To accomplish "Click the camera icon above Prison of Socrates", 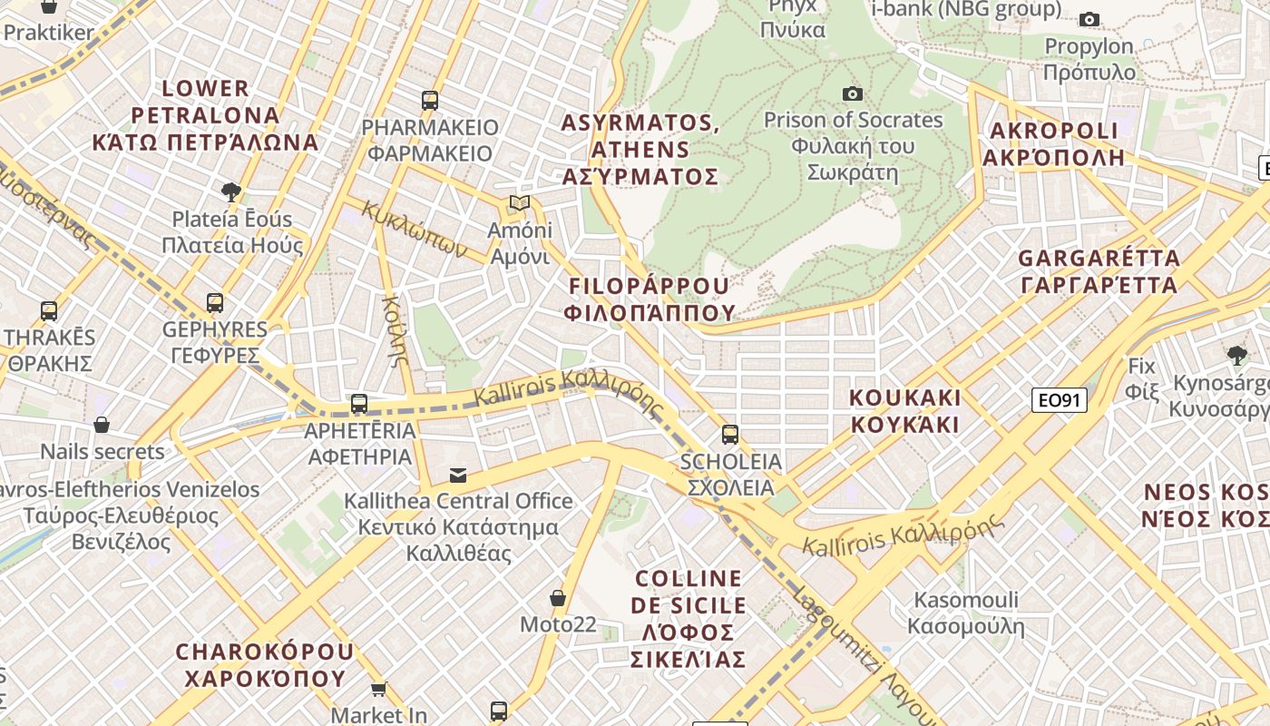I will pyautogui.click(x=852, y=93).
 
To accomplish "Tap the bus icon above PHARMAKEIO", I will pyautogui.click(x=430, y=100).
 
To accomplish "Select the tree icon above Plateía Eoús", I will pyautogui.click(x=231, y=191).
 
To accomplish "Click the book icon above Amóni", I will pyautogui.click(x=519, y=202).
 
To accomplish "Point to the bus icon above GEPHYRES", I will pyautogui.click(x=215, y=302).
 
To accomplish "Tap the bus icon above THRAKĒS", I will pyautogui.click(x=49, y=310).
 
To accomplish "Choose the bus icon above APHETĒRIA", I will pyautogui.click(x=359, y=403).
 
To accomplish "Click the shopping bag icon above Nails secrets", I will pyautogui.click(x=102, y=425).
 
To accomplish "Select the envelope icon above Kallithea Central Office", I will pyautogui.click(x=458, y=475).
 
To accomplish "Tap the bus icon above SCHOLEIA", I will pyautogui.click(x=730, y=434).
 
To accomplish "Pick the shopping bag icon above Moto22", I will pyautogui.click(x=558, y=598).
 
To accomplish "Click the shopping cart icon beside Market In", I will pyautogui.click(x=378, y=689).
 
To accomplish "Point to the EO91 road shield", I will pyautogui.click(x=1059, y=399).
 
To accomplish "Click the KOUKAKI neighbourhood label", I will pyautogui.click(x=904, y=411).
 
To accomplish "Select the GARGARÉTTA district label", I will pyautogui.click(x=1099, y=271).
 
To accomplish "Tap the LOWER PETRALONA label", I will pyautogui.click(x=205, y=115).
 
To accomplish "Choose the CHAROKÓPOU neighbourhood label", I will pyautogui.click(x=264, y=665).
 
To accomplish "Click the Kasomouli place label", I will pyautogui.click(x=966, y=613).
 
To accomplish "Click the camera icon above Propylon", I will pyautogui.click(x=1089, y=19).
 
